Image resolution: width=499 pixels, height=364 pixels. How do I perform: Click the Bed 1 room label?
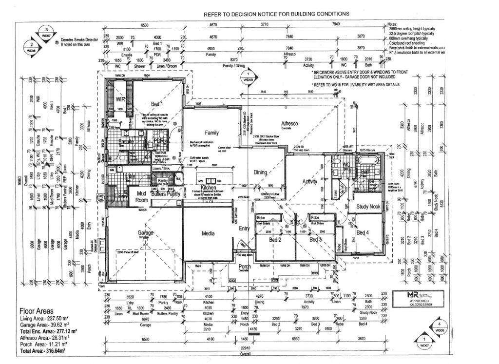(157, 104)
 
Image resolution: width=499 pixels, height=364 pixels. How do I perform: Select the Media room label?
(208, 234)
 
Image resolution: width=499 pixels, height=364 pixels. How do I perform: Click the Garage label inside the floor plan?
(145, 233)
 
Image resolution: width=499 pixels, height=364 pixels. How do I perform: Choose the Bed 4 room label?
(363, 233)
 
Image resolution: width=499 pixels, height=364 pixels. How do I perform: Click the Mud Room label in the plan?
(142, 196)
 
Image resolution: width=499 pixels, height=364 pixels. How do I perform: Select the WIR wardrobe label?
(120, 99)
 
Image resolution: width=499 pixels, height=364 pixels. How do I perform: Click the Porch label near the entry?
(244, 267)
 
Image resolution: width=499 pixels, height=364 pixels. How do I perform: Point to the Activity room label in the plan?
(310, 182)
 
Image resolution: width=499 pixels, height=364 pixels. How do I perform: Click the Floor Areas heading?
(37, 311)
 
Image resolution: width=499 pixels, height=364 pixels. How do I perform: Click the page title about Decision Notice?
(276, 14)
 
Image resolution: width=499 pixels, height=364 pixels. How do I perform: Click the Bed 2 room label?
(275, 240)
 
